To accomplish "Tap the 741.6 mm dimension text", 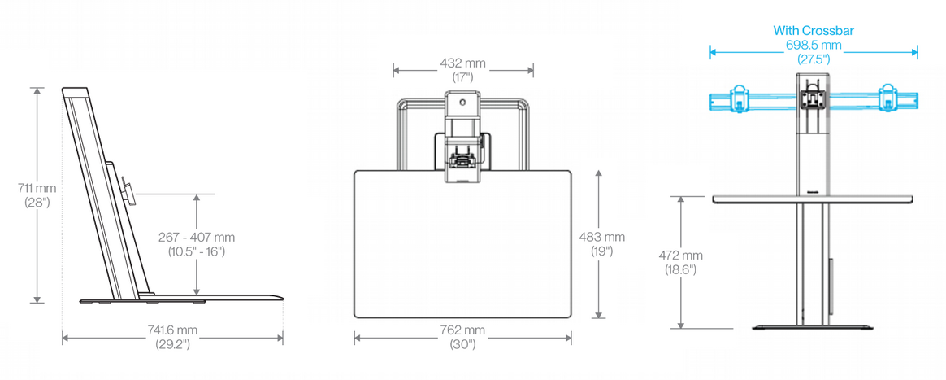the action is click(172, 330).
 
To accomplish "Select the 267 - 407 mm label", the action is click(197, 238).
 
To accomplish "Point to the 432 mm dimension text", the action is click(462, 63).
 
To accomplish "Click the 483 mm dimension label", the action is click(602, 237).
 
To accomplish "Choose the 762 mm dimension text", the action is click(462, 330).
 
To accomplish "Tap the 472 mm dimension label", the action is click(680, 256).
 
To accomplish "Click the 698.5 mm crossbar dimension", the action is click(814, 45).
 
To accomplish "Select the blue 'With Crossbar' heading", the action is click(814, 31).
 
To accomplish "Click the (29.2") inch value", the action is click(172, 344).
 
